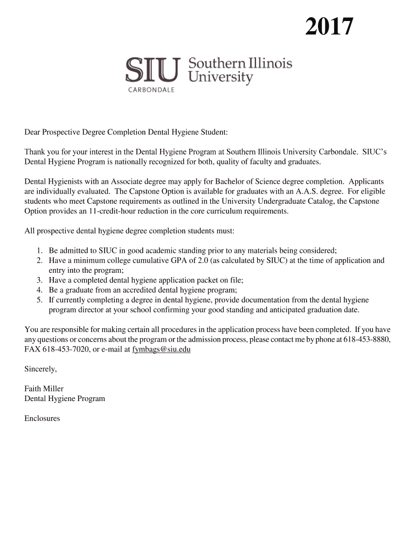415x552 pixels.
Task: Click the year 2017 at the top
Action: pos(329,27)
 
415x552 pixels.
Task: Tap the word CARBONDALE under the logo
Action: pos(151,90)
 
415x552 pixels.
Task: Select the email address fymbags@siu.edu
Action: pos(161,349)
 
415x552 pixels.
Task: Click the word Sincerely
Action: pos(40,369)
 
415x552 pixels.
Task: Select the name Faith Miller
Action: pos(44,389)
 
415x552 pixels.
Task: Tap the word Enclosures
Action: pos(43,418)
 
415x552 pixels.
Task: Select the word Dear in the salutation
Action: pos(32,132)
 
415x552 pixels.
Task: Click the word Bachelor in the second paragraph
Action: pos(231,182)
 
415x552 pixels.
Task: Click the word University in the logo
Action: pos(220,78)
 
